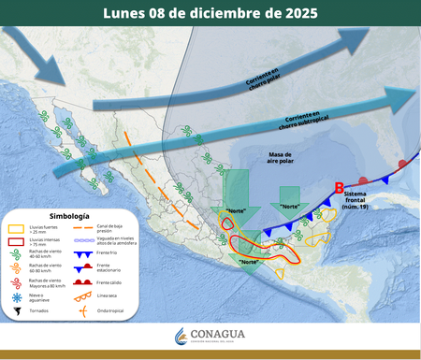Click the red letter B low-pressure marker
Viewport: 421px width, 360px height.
340,188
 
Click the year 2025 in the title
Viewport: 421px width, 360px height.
291,14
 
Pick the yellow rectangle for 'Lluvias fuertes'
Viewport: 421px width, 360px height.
16,228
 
